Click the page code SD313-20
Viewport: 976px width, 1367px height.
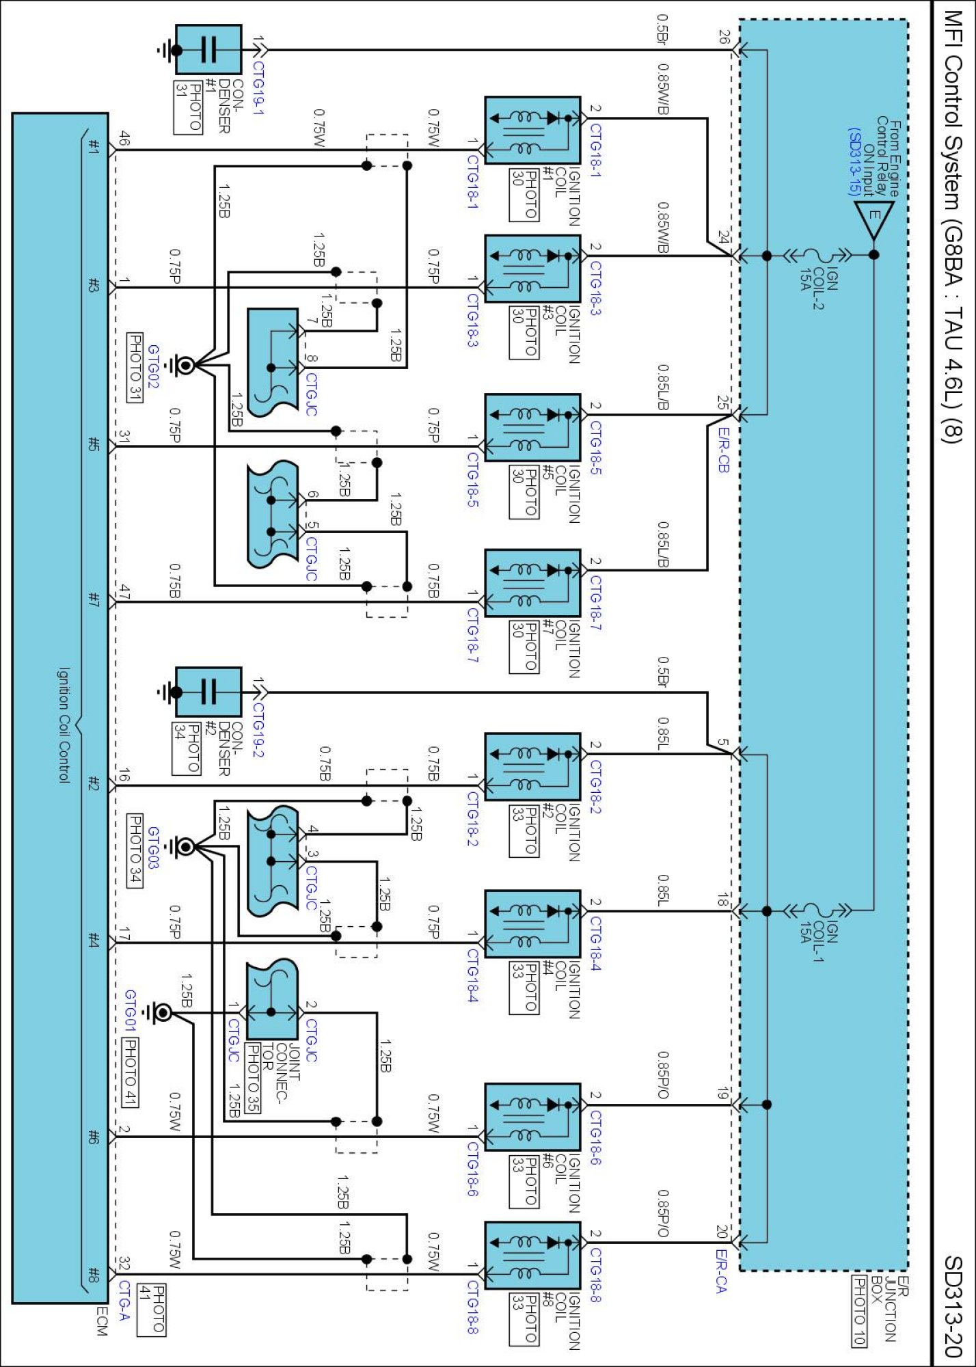pos(952,1305)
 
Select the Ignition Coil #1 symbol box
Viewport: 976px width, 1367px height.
pos(532,131)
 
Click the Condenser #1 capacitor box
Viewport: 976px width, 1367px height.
pos(208,50)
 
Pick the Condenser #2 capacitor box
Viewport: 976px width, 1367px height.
pos(208,692)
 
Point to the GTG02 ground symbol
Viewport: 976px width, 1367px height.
pos(183,365)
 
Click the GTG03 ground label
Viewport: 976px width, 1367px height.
pos(153,848)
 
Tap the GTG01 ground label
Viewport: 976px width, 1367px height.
pos(130,1010)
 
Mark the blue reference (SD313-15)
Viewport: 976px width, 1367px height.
pos(854,161)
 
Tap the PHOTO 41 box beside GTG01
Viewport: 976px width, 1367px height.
pos(130,1072)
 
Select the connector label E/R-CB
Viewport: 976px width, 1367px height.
pos(723,450)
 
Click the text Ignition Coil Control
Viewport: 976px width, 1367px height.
pos(63,725)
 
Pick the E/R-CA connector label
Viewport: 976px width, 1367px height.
pos(721,1271)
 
